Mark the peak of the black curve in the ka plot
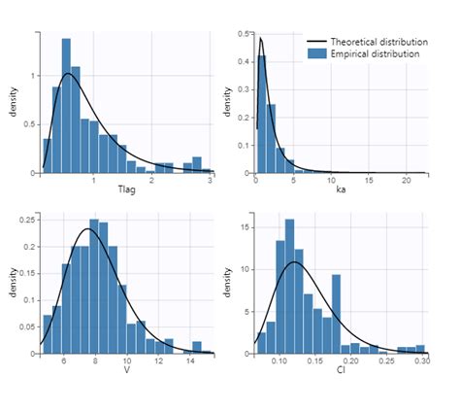click(260, 39)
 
